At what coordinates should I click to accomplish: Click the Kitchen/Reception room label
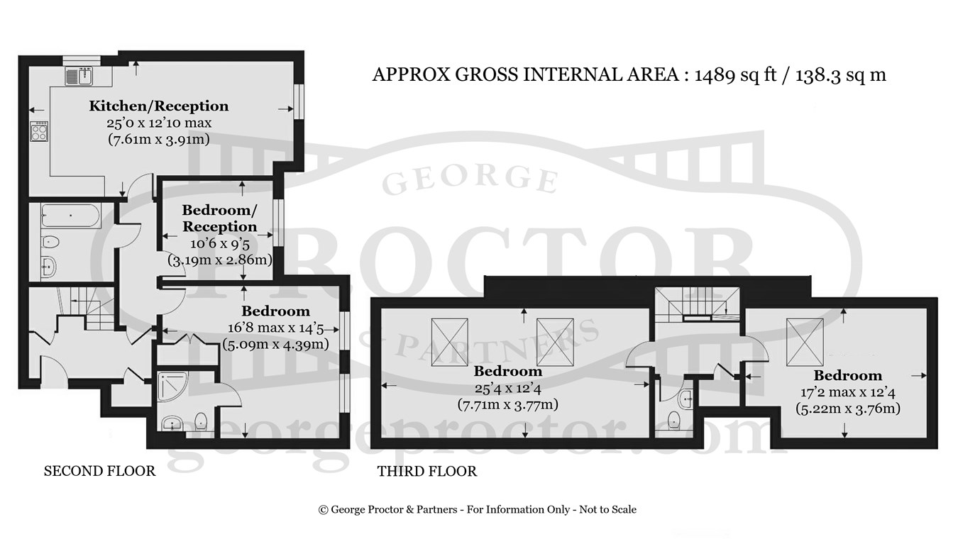[x=159, y=106]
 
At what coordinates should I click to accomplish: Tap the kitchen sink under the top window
[x=80, y=76]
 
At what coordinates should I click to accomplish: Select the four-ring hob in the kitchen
[x=39, y=131]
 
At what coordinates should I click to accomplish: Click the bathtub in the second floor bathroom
[x=70, y=216]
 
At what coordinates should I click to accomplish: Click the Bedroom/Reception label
[x=220, y=218]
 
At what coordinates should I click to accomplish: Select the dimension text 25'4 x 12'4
[x=508, y=389]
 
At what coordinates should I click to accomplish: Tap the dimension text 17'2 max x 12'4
[x=848, y=392]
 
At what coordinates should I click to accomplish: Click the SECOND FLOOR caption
[x=99, y=471]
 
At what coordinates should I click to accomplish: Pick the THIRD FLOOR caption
[x=426, y=472]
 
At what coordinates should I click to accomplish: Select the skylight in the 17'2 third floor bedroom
[x=805, y=342]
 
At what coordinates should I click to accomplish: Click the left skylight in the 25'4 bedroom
[x=449, y=342]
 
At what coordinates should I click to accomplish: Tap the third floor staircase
[x=697, y=305]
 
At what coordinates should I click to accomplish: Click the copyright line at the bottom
[x=478, y=509]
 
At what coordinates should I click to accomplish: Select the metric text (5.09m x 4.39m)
[x=275, y=345]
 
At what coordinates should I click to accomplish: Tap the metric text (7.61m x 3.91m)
[x=159, y=139]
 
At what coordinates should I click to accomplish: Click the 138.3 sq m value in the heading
[x=841, y=74]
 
